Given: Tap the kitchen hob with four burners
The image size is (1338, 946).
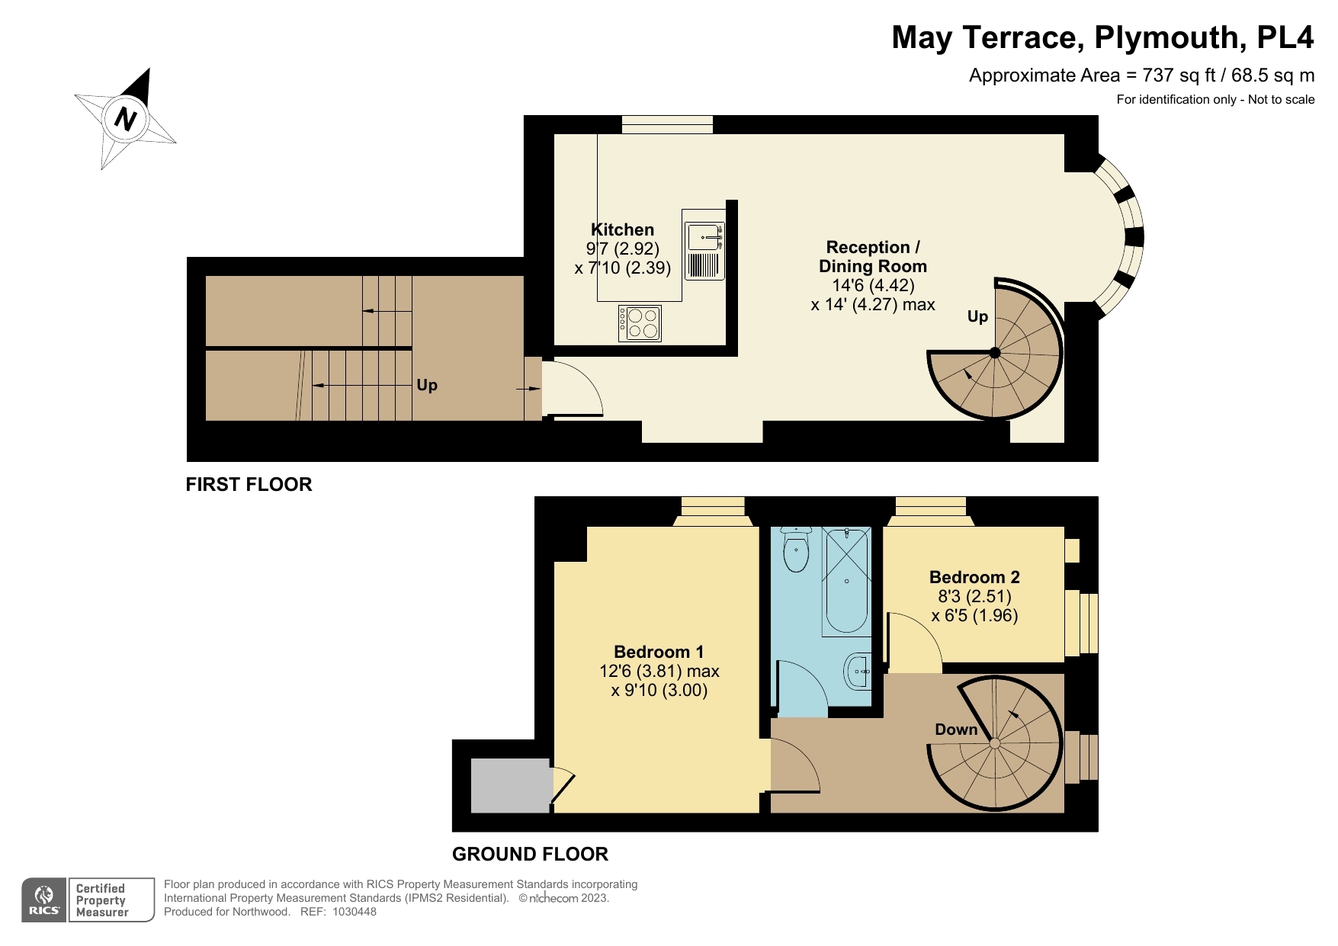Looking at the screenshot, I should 640,323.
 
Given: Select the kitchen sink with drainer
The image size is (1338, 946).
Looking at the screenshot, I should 704,251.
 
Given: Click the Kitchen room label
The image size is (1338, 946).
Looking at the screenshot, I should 622,229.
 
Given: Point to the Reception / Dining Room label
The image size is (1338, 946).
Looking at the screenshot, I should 872,257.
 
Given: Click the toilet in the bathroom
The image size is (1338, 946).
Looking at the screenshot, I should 796,550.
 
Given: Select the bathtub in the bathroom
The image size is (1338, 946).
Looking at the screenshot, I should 846,582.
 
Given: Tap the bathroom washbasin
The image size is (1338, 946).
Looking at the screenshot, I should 858,672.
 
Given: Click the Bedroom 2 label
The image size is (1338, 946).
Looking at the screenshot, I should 974,577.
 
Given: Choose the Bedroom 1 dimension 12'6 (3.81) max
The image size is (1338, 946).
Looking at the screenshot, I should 659,672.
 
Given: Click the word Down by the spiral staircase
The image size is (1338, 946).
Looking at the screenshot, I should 955,730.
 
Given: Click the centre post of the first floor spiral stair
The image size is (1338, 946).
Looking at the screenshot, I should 994,352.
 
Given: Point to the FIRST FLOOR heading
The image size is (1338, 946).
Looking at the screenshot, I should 249,485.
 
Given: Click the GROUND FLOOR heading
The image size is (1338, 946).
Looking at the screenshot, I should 530,855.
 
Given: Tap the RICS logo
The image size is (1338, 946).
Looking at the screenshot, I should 44,900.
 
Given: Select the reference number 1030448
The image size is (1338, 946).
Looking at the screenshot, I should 354,912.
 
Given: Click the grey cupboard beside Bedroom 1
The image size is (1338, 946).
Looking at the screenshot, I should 510,785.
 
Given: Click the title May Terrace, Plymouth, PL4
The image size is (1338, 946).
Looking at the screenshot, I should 1102,37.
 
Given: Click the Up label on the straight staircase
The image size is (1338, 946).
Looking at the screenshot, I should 427,385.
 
